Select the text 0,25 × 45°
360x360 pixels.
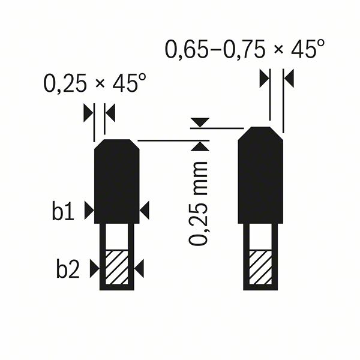[94, 84]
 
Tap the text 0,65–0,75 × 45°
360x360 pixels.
[245, 50]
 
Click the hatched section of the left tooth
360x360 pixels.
[117, 268]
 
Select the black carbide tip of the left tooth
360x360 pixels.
[117, 180]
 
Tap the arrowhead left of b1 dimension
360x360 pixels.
[89, 210]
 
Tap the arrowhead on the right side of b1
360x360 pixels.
[145, 210]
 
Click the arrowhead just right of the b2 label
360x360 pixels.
[94, 268]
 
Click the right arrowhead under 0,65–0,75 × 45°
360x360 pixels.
[289, 78]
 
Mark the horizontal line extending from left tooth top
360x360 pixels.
[168, 140]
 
